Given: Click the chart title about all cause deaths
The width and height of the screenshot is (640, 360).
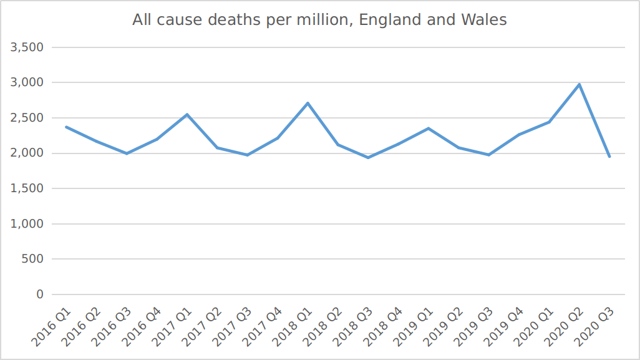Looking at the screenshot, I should [x=319, y=20].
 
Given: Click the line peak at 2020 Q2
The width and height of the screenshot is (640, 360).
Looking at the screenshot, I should [x=579, y=84].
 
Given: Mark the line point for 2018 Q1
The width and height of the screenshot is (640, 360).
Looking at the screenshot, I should [x=308, y=103].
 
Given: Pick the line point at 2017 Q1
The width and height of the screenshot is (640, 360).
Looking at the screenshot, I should [x=187, y=114].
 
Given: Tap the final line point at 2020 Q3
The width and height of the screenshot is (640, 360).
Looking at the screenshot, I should [x=609, y=157].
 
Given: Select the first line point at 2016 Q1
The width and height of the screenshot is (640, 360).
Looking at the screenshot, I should [x=66, y=127].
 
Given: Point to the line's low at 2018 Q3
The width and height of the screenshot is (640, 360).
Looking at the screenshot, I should [x=368, y=157].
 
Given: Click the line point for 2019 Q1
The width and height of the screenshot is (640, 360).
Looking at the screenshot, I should [x=429, y=128].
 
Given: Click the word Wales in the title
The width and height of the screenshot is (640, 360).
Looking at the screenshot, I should [x=483, y=20].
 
